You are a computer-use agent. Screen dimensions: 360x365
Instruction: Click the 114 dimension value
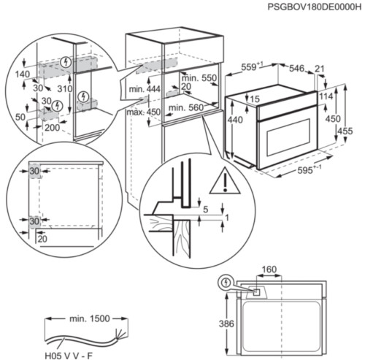pyautogui.click(x=326, y=97)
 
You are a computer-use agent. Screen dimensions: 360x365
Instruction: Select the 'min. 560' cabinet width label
pyautogui.click(x=183, y=107)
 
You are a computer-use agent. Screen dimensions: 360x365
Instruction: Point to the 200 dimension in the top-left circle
pyautogui.click(x=53, y=127)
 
